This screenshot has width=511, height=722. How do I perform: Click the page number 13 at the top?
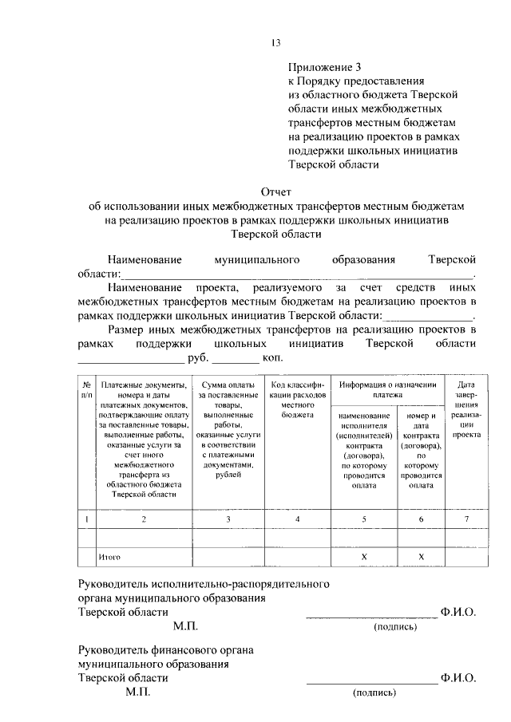pyautogui.click(x=275, y=42)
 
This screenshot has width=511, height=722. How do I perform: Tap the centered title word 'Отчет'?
pyautogui.click(x=276, y=191)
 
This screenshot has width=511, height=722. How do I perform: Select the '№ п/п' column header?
pyautogui.click(x=86, y=389)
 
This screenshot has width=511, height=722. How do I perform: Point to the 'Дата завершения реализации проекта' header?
pyautogui.click(x=466, y=410)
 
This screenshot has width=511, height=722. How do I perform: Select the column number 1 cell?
pyautogui.click(x=86, y=519)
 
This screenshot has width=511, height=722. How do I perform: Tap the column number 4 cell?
pyautogui.click(x=297, y=519)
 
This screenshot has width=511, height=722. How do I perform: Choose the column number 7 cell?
pyautogui.click(x=466, y=519)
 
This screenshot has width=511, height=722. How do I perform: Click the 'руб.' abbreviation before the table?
pyautogui.click(x=198, y=359)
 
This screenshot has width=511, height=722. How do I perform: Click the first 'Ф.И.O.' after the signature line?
pyautogui.click(x=458, y=612)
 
